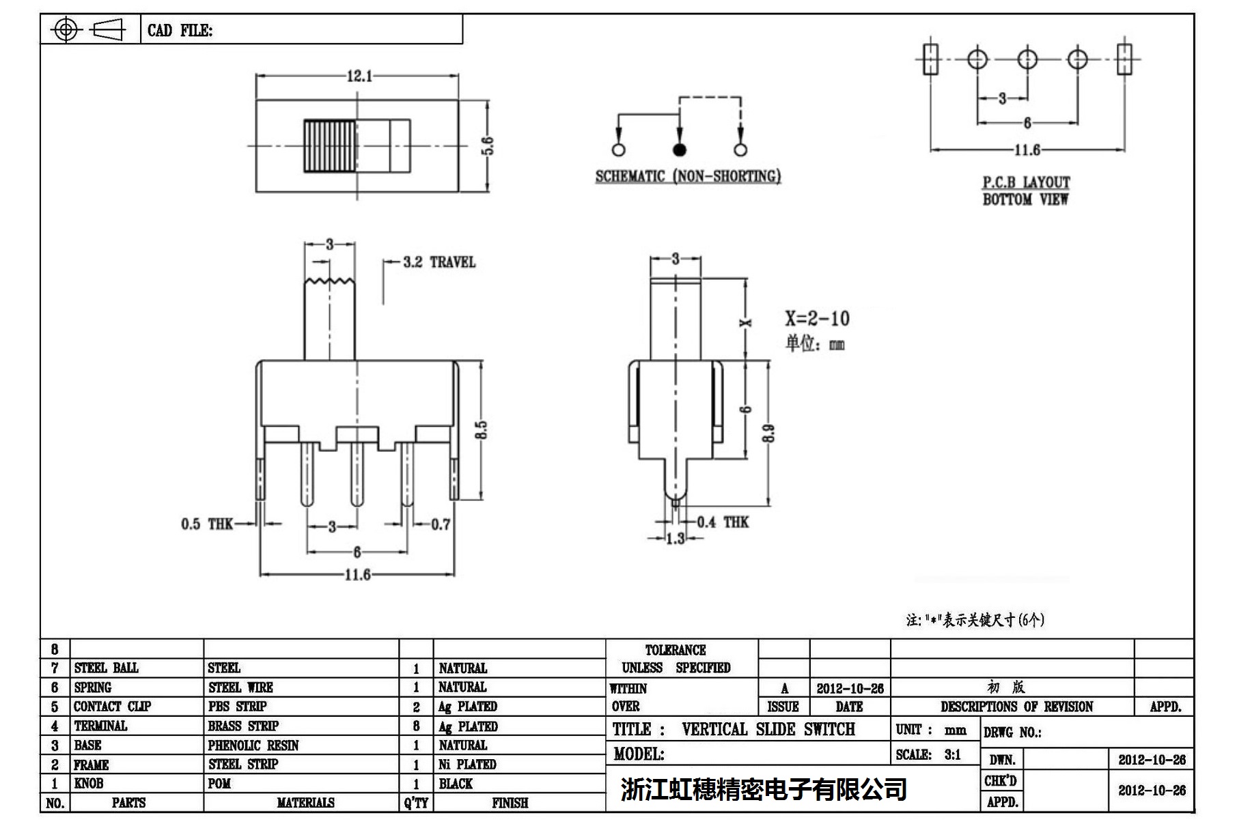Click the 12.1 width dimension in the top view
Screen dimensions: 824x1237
point(359,76)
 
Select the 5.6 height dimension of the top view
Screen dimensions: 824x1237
point(488,145)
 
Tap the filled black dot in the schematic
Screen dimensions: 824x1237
point(679,150)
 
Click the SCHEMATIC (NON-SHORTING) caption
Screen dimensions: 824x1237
point(687,176)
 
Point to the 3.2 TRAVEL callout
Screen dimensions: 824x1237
point(439,262)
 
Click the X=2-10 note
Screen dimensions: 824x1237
point(817,318)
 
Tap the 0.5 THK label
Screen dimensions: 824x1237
point(206,524)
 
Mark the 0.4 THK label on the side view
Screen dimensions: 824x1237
point(723,522)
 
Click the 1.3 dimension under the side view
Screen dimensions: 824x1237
point(675,539)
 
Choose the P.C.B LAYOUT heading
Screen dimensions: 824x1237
point(1026,182)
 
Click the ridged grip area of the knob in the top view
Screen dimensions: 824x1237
point(330,146)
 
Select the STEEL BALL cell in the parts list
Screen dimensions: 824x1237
point(106,668)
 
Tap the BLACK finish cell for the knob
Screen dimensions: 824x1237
point(456,784)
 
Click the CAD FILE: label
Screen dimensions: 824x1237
point(180,31)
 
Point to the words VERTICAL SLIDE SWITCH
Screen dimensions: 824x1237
point(768,729)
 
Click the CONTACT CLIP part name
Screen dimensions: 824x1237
point(112,707)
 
